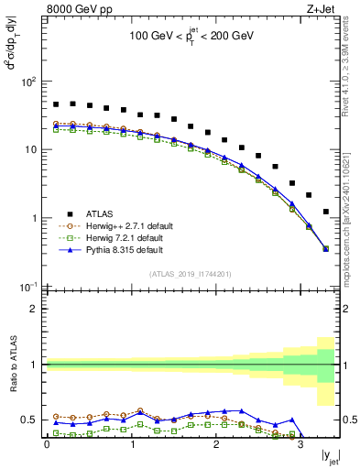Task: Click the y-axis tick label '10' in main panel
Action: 32,149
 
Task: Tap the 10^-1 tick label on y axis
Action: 29,287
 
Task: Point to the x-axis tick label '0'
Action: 48,444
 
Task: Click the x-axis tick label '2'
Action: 216,444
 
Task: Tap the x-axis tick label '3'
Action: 300,444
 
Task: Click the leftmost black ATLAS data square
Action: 56,104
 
